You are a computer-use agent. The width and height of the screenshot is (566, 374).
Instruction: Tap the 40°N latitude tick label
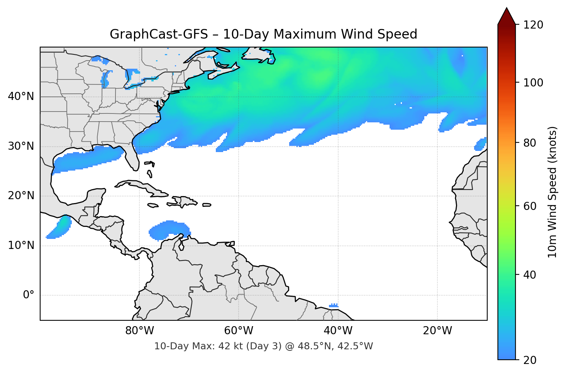(x=21, y=96)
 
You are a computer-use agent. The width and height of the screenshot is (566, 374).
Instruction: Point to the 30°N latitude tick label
(x=21, y=146)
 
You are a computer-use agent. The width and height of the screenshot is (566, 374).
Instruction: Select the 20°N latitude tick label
(x=21, y=196)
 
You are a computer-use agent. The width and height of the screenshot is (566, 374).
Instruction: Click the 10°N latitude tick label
(x=21, y=245)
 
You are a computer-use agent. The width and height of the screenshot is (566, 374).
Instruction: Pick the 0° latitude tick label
(x=29, y=295)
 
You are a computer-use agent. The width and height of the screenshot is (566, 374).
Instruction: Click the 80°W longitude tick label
(x=139, y=331)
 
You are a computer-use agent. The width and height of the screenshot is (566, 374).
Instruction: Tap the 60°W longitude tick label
(x=239, y=331)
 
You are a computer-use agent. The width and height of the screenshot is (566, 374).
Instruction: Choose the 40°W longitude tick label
(x=338, y=331)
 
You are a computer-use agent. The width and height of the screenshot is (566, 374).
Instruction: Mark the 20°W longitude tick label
(x=437, y=331)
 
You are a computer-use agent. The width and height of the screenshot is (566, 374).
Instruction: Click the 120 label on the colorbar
(x=534, y=25)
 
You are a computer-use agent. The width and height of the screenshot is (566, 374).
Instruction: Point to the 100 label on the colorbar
(x=534, y=83)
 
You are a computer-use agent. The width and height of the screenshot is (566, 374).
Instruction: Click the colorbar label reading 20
(x=530, y=360)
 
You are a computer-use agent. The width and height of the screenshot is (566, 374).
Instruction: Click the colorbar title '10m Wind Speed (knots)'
(x=552, y=192)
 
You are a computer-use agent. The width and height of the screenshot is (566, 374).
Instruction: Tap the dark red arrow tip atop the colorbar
(x=507, y=15)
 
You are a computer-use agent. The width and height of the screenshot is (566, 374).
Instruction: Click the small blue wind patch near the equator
(x=334, y=305)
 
